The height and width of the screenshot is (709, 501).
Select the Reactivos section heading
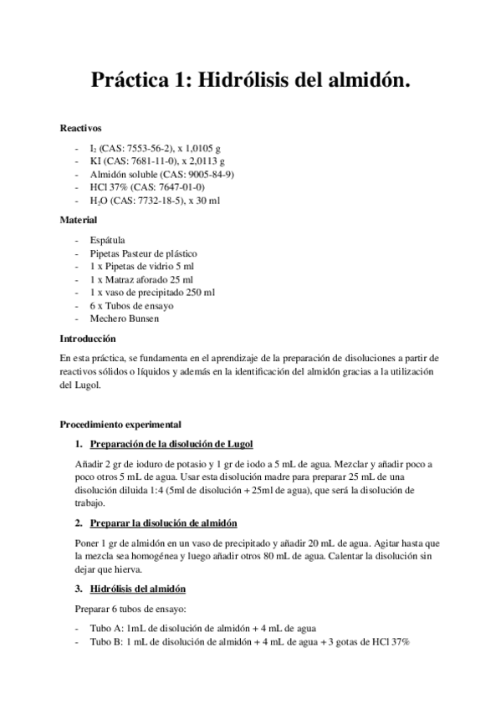(80, 129)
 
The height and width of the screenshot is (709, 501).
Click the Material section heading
(79, 220)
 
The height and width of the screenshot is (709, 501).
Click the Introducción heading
(87, 339)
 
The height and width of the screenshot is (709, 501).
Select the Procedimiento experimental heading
(120, 425)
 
